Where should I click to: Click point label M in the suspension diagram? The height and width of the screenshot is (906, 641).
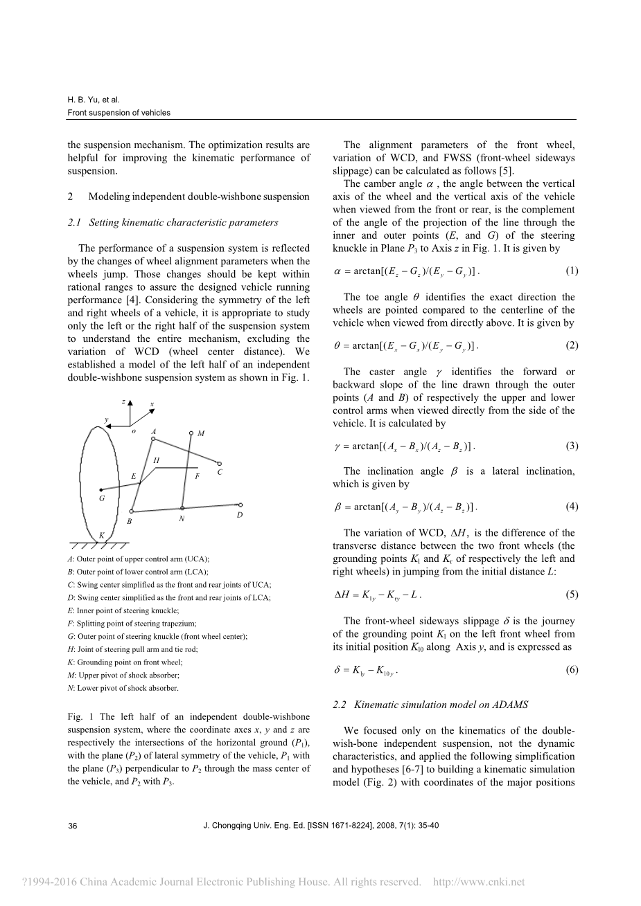[200, 433]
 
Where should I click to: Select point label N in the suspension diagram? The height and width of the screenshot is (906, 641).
[181, 518]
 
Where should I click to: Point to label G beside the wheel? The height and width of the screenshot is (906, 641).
[102, 498]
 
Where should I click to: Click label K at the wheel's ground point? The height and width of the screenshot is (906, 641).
[102, 535]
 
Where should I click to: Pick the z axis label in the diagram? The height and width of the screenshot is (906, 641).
[123, 401]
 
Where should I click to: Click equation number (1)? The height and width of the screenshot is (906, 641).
[572, 271]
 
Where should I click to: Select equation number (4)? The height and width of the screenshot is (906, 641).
[572, 506]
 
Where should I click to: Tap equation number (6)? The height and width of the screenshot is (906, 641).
[572, 669]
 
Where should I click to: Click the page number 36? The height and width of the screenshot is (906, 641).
[72, 826]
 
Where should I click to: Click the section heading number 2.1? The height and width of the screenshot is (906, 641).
[75, 222]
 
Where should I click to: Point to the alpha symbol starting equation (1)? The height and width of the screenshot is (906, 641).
[337, 271]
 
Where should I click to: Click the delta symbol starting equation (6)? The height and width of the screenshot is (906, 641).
[337, 669]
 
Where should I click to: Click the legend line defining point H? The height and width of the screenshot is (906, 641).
[122, 649]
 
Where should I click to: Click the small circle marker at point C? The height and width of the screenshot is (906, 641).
[219, 464]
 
